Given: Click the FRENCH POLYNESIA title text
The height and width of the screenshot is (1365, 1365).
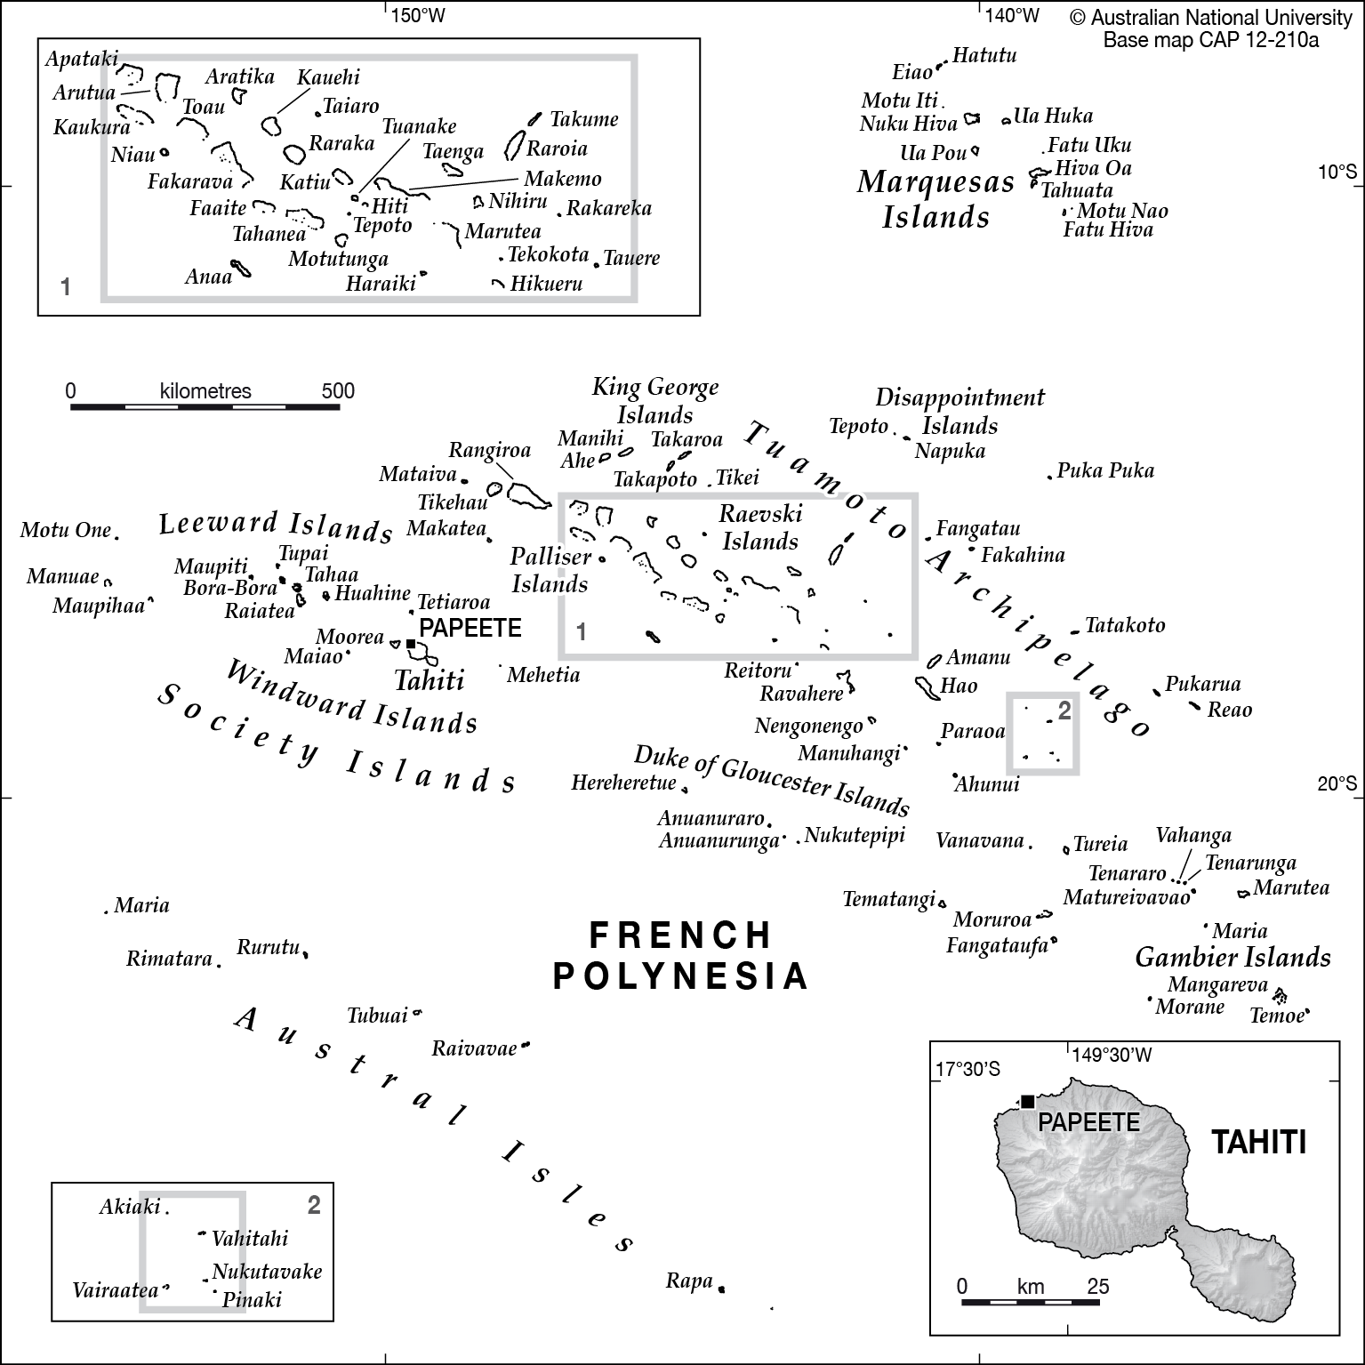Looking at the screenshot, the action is pos(681,955).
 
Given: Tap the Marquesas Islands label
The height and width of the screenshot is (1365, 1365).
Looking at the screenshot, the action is pos(935,199).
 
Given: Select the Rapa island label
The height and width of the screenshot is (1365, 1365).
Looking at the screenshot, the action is pos(689,1281).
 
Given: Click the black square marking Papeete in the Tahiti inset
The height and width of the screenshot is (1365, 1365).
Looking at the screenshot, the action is pos(1027,1101).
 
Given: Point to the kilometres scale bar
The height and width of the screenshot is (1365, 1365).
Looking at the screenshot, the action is pos(205,407).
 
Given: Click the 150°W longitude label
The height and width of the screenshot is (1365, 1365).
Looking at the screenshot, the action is pos(418,15).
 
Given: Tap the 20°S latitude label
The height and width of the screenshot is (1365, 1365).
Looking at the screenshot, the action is pos(1337,783).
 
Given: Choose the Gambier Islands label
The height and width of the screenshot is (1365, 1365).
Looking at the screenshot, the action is pos(1233,957).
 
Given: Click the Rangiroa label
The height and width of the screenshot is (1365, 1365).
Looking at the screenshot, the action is pos(489,451).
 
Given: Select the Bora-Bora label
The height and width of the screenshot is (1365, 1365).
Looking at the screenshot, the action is pos(230,588).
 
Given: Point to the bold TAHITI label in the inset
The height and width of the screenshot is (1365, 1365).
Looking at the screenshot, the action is pos(1259,1142).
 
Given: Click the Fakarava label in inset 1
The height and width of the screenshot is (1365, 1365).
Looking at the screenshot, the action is pos(189,181).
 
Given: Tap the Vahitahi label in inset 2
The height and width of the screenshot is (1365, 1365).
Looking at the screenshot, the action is pos(250,1238).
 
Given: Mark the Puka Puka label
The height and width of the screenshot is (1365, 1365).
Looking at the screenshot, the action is pos(1105,470).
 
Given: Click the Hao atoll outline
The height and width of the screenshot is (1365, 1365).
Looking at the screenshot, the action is pos(924,687).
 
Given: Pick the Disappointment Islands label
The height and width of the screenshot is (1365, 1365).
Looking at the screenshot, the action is pos(960,411).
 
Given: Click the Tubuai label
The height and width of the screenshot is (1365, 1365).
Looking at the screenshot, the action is pos(377,1015).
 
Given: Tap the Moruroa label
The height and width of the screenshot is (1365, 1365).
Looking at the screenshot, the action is pos(992,919).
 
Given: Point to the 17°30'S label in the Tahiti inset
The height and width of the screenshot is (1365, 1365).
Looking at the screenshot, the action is pos(968,1069).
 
